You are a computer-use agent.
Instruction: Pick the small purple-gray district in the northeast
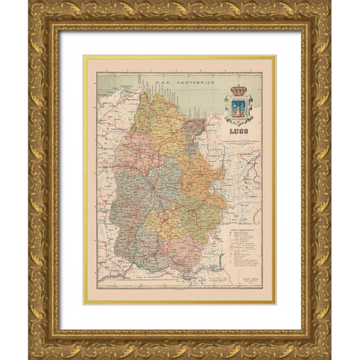196,127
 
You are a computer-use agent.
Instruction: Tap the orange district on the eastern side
202,176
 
